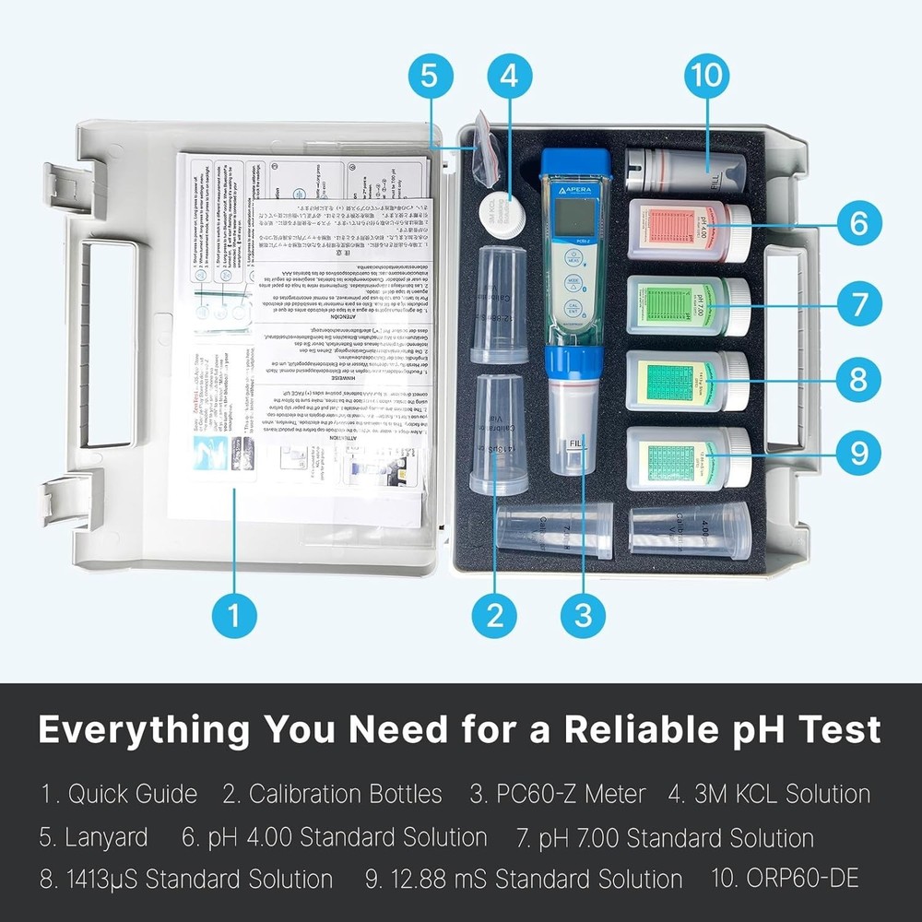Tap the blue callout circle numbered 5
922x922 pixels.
pyautogui.click(x=430, y=77)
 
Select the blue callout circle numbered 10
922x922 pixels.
pyautogui.click(x=708, y=77)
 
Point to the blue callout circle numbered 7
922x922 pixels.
pyautogui.click(x=858, y=301)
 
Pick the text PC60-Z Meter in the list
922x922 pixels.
pyautogui.click(x=557, y=794)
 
